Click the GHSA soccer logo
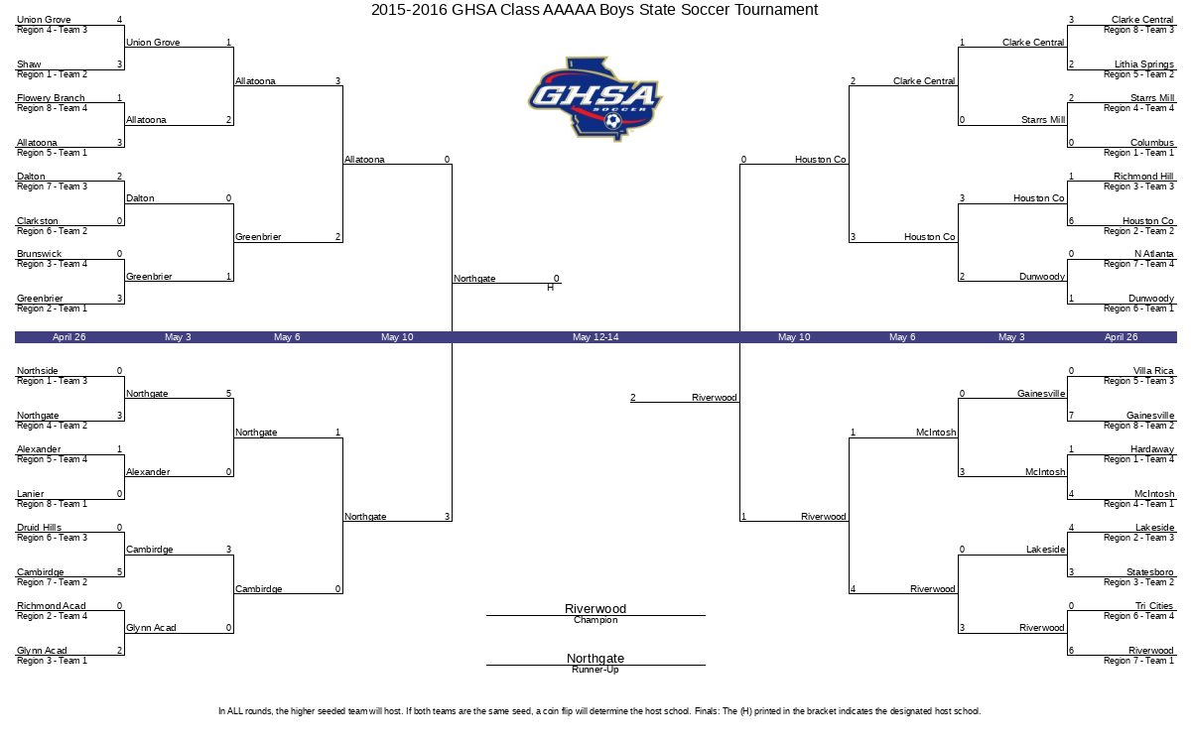click(x=595, y=99)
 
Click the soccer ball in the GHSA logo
click(x=613, y=121)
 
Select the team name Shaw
click(x=29, y=64)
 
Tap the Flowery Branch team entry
click(x=51, y=98)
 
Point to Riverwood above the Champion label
click(x=595, y=608)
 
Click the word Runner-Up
click(x=595, y=670)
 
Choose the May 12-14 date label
click(x=595, y=337)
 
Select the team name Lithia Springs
click(x=1143, y=64)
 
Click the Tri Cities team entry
click(x=1153, y=606)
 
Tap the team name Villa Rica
click(x=1152, y=371)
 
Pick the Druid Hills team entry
click(x=39, y=528)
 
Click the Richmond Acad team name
click(x=51, y=606)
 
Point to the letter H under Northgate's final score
click(x=550, y=288)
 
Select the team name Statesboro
click(x=1149, y=572)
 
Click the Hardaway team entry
click(x=1151, y=449)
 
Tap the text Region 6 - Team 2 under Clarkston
click(x=52, y=231)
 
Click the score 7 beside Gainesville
click(x=1071, y=416)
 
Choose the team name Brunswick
click(x=39, y=254)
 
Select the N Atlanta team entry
click(x=1153, y=254)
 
